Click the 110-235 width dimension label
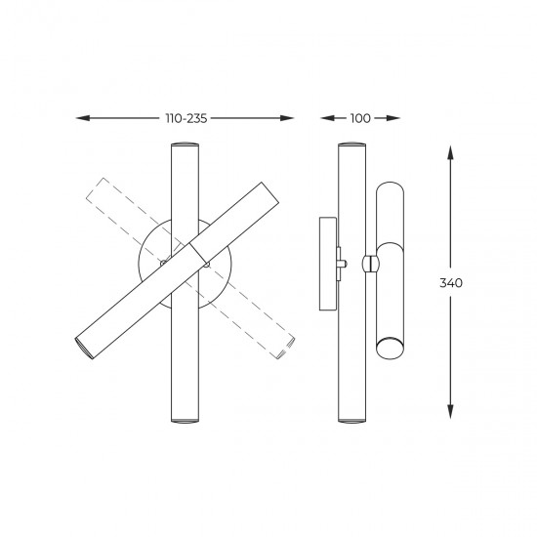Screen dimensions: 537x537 point(186,118)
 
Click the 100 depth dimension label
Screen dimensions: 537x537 point(360,118)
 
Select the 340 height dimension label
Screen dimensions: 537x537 point(451,283)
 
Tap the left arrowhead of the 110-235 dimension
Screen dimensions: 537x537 point(83,118)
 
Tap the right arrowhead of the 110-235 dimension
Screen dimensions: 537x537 point(287,118)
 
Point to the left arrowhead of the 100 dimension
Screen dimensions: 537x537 point(327,118)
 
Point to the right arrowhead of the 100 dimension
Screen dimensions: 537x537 point(393,118)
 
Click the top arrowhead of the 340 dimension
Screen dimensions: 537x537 point(451,152)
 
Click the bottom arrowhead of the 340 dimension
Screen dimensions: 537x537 point(451,411)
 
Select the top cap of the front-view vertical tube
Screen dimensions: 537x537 point(185,144)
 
